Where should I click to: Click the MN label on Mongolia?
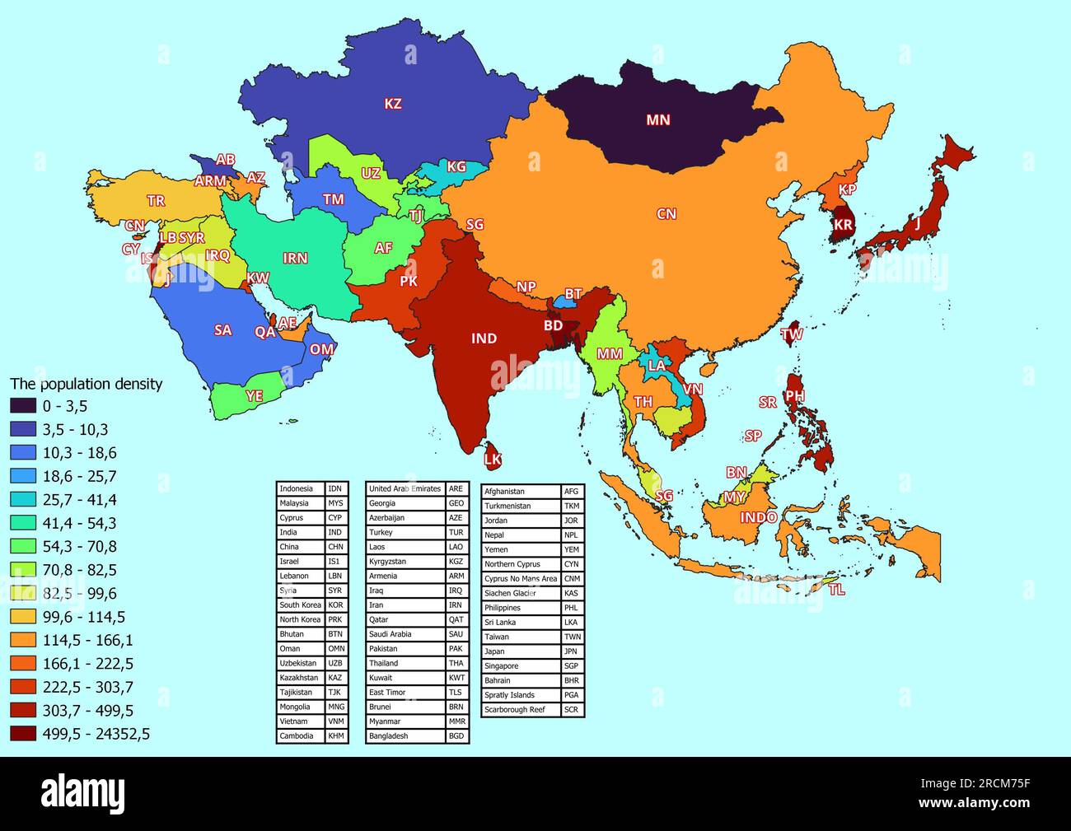657,120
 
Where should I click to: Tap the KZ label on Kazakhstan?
393,104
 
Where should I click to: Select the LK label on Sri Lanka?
492,460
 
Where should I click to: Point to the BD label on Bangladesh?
553,326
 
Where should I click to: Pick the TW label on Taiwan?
792,334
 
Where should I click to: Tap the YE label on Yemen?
255,396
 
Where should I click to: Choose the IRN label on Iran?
295,258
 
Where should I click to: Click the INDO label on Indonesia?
758,517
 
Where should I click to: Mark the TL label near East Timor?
836,590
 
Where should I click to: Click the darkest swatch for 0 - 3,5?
23,405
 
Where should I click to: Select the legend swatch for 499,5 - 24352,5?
23,734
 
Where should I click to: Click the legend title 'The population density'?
86,384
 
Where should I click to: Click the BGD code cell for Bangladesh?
456,735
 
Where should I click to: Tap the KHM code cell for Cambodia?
336,735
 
